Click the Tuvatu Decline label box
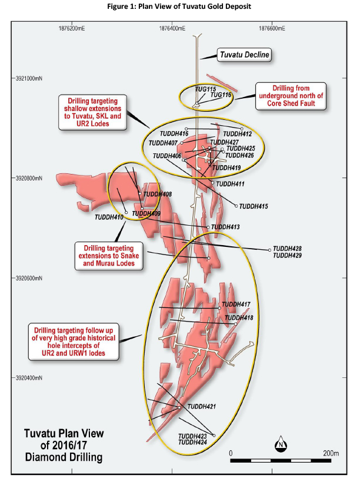pos(244,55)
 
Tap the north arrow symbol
pos(281,444)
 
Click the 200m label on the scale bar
pos(331,453)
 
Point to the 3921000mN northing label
pos(29,78)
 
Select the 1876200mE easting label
pos(72,29)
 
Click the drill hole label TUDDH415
pos(254,206)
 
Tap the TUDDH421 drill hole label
pos(202,406)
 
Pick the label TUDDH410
pos(109,217)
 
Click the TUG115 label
pos(205,89)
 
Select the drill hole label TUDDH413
pos(225,227)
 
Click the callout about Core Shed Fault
pos(291,96)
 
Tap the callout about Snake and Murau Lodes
pos(109,256)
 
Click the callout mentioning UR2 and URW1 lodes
pos(74,342)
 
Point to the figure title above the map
pos(179,6)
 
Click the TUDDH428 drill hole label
pos(288,249)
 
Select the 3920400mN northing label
pos(29,378)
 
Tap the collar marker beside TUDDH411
pos(212,183)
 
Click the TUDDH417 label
pos(236,304)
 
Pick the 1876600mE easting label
pos(272,29)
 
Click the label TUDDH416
pos(174,133)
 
